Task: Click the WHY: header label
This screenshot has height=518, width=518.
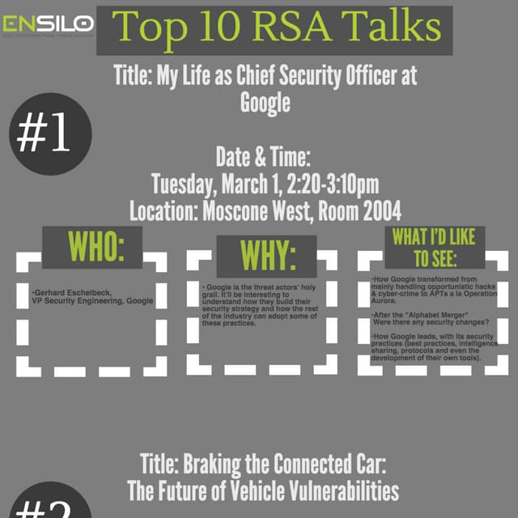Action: [x=267, y=257]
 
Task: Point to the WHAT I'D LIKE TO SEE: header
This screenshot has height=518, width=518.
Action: [x=434, y=247]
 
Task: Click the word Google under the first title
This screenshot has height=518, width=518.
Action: [x=265, y=103]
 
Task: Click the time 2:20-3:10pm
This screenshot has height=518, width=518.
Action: [x=333, y=184]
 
